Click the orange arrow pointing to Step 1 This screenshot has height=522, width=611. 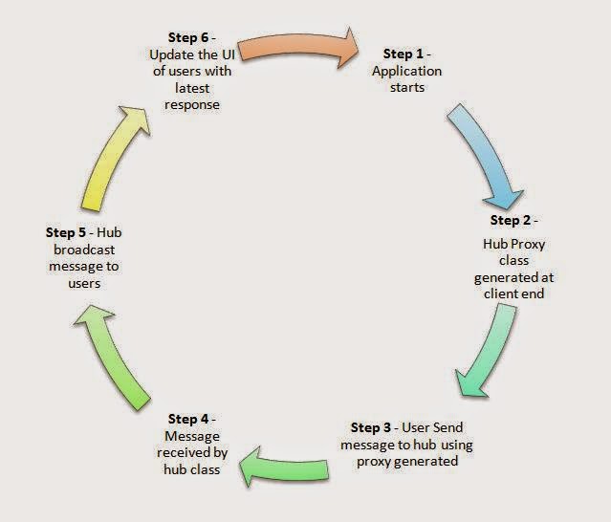click(x=298, y=46)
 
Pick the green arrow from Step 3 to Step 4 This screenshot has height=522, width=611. click(x=284, y=468)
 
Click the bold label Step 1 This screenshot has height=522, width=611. click(x=403, y=54)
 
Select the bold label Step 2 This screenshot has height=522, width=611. click(x=511, y=220)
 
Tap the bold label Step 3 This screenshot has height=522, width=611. click(x=371, y=427)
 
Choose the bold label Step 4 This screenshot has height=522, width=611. click(x=188, y=419)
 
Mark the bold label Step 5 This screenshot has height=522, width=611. click(x=65, y=232)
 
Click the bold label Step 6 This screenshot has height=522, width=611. click(x=188, y=37)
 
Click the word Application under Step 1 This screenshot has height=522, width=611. click(x=406, y=72)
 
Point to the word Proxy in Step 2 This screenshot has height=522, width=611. click(x=528, y=245)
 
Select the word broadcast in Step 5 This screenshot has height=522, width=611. click(x=84, y=250)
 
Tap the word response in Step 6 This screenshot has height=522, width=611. click(x=192, y=105)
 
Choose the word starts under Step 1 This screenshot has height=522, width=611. click(x=407, y=88)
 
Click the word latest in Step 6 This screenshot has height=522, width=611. click(x=192, y=88)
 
